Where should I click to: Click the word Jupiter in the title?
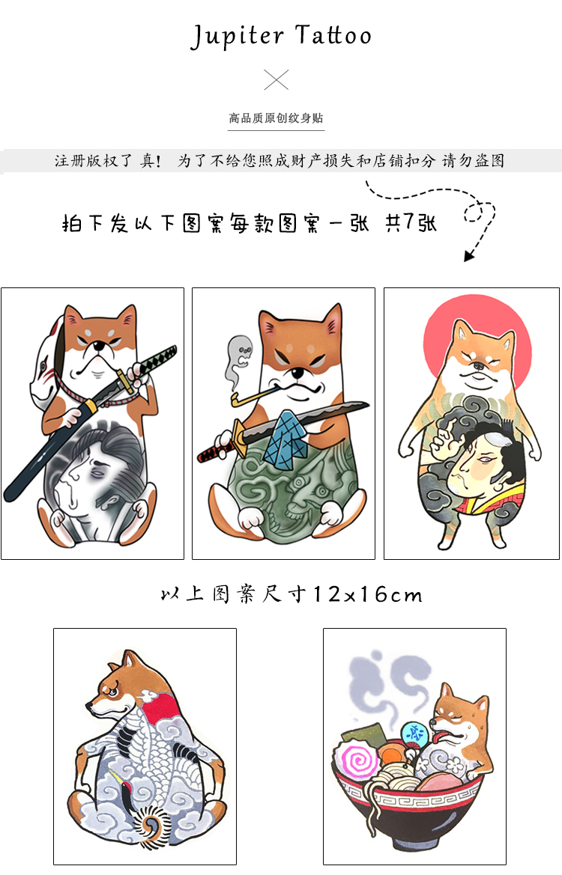(236, 36)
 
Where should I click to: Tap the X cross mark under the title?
(277, 79)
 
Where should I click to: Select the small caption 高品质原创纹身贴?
(277, 118)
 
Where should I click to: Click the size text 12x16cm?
(367, 595)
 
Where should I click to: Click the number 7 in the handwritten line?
(410, 223)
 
